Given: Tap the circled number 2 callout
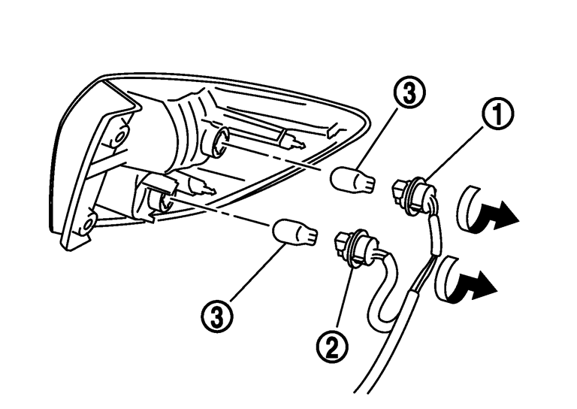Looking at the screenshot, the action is point(332,347).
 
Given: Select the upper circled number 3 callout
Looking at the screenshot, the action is point(409,92).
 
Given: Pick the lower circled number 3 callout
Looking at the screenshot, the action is point(217,317).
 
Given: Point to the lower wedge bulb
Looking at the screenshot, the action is point(295,232).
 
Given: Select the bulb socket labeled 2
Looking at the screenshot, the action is point(355,246).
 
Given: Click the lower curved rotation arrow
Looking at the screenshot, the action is point(464,280).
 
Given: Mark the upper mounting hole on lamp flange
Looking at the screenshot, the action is point(119,137).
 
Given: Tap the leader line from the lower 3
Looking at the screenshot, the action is point(260,273).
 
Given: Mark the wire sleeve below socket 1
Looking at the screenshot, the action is point(433,235).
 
